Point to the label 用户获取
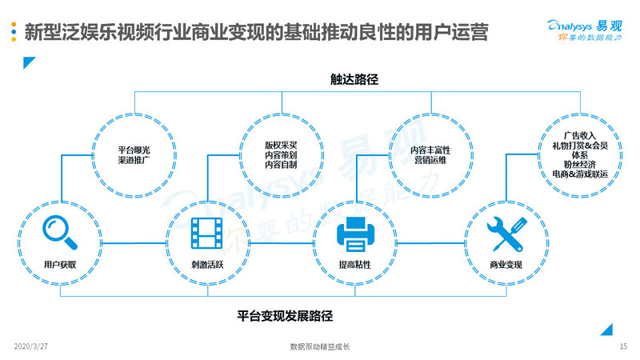click(61, 265)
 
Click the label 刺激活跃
click(206, 265)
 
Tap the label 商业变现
click(505, 265)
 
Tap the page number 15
click(623, 347)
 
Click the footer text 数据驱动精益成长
click(320, 347)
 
